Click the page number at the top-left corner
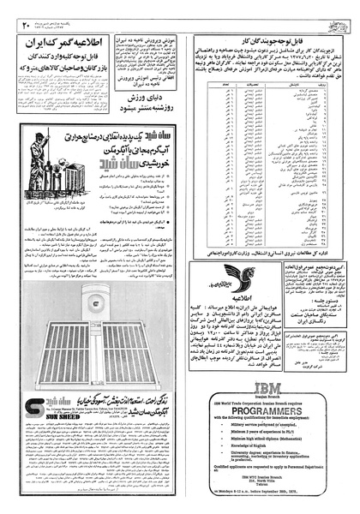27,9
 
